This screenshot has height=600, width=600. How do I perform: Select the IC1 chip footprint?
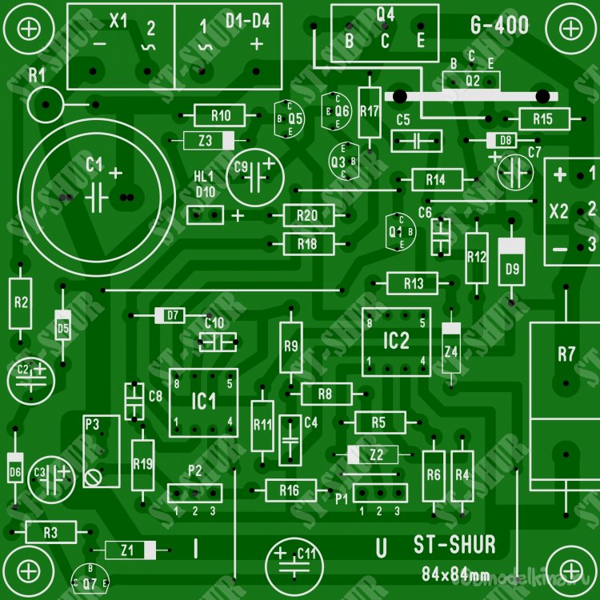[203, 402]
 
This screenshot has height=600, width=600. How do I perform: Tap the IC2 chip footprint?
[396, 342]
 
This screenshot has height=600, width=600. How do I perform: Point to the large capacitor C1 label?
[94, 165]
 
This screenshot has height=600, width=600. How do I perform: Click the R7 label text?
[566, 354]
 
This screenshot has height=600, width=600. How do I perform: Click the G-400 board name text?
[500, 26]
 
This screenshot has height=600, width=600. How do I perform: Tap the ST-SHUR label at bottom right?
[454, 546]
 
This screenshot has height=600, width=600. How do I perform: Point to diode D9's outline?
[512, 262]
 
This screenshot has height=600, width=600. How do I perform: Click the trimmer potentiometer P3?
[102, 452]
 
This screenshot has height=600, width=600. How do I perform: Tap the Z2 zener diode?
[378, 454]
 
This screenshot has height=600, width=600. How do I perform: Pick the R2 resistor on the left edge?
[21, 303]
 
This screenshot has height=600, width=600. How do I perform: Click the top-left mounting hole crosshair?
[29, 28]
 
